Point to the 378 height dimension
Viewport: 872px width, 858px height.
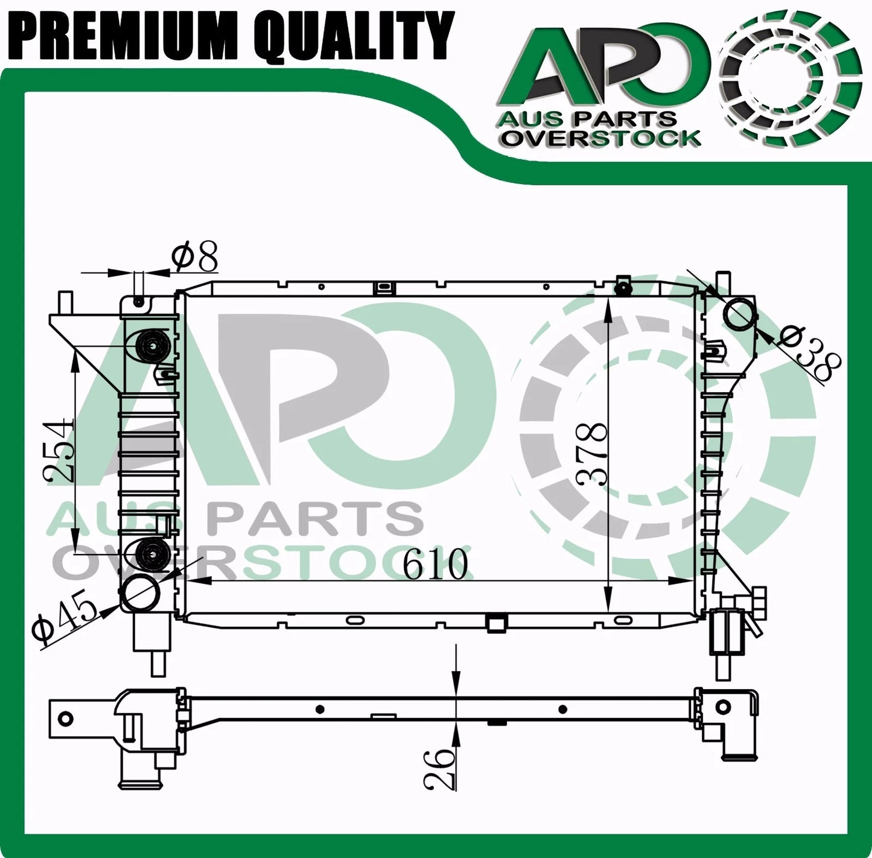[x=591, y=454]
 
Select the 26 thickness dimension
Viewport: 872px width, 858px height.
[x=439, y=767]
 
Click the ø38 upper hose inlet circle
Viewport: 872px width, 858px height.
[x=739, y=314]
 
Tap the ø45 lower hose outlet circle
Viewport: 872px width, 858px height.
[x=141, y=593]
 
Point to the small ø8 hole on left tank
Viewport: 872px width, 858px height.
[x=139, y=301]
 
